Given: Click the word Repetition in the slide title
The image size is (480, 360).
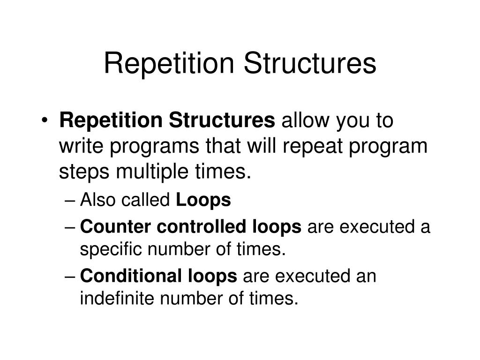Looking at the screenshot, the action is coord(169,64).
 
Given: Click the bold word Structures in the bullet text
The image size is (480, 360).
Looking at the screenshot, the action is coord(222,120).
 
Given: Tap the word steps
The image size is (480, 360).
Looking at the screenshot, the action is coord(84,172).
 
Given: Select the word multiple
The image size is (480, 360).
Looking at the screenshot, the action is coord(152,172).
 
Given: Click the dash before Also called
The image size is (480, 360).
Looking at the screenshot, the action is coord(70,201).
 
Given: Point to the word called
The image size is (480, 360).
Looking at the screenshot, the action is coord(146,200).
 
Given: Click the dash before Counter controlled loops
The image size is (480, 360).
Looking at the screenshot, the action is coord(70,228).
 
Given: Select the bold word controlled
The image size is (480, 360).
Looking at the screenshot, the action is coord(202,226).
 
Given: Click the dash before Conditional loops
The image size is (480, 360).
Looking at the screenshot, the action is coord(70,277).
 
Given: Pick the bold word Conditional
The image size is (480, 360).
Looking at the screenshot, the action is coord(131,276).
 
